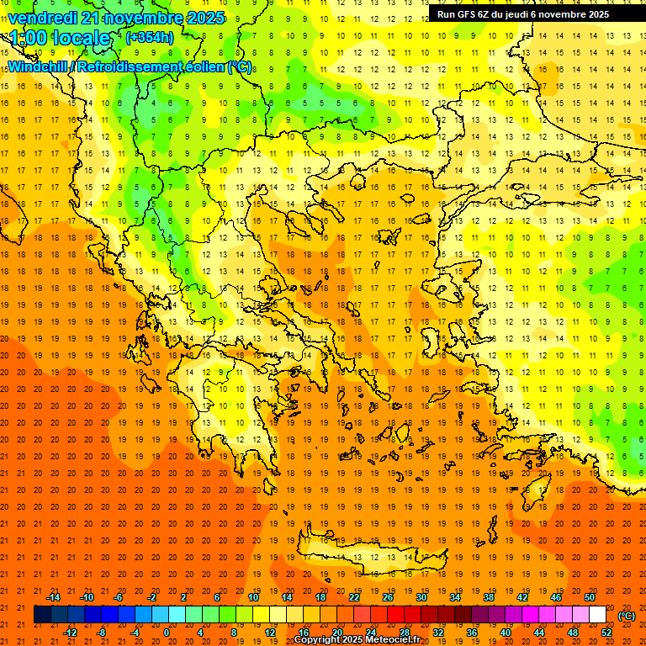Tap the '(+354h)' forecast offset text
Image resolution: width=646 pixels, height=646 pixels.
tap(150, 38)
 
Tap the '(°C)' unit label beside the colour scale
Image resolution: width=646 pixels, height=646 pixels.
tap(627, 616)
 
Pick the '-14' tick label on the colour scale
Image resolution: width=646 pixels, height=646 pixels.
tap(53, 597)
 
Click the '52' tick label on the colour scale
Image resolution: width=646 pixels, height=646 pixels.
tap(606, 633)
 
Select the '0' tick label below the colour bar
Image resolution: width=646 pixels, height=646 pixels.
tap(166, 633)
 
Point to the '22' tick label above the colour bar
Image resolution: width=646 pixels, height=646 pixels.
tap(354, 597)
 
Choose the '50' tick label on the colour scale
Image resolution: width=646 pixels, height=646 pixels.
tap(590, 597)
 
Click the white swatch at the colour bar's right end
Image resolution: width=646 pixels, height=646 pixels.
tap(597, 615)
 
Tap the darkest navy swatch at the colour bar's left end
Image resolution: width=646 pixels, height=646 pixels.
tap(42, 615)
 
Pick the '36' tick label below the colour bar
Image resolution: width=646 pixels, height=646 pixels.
tap(472, 633)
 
